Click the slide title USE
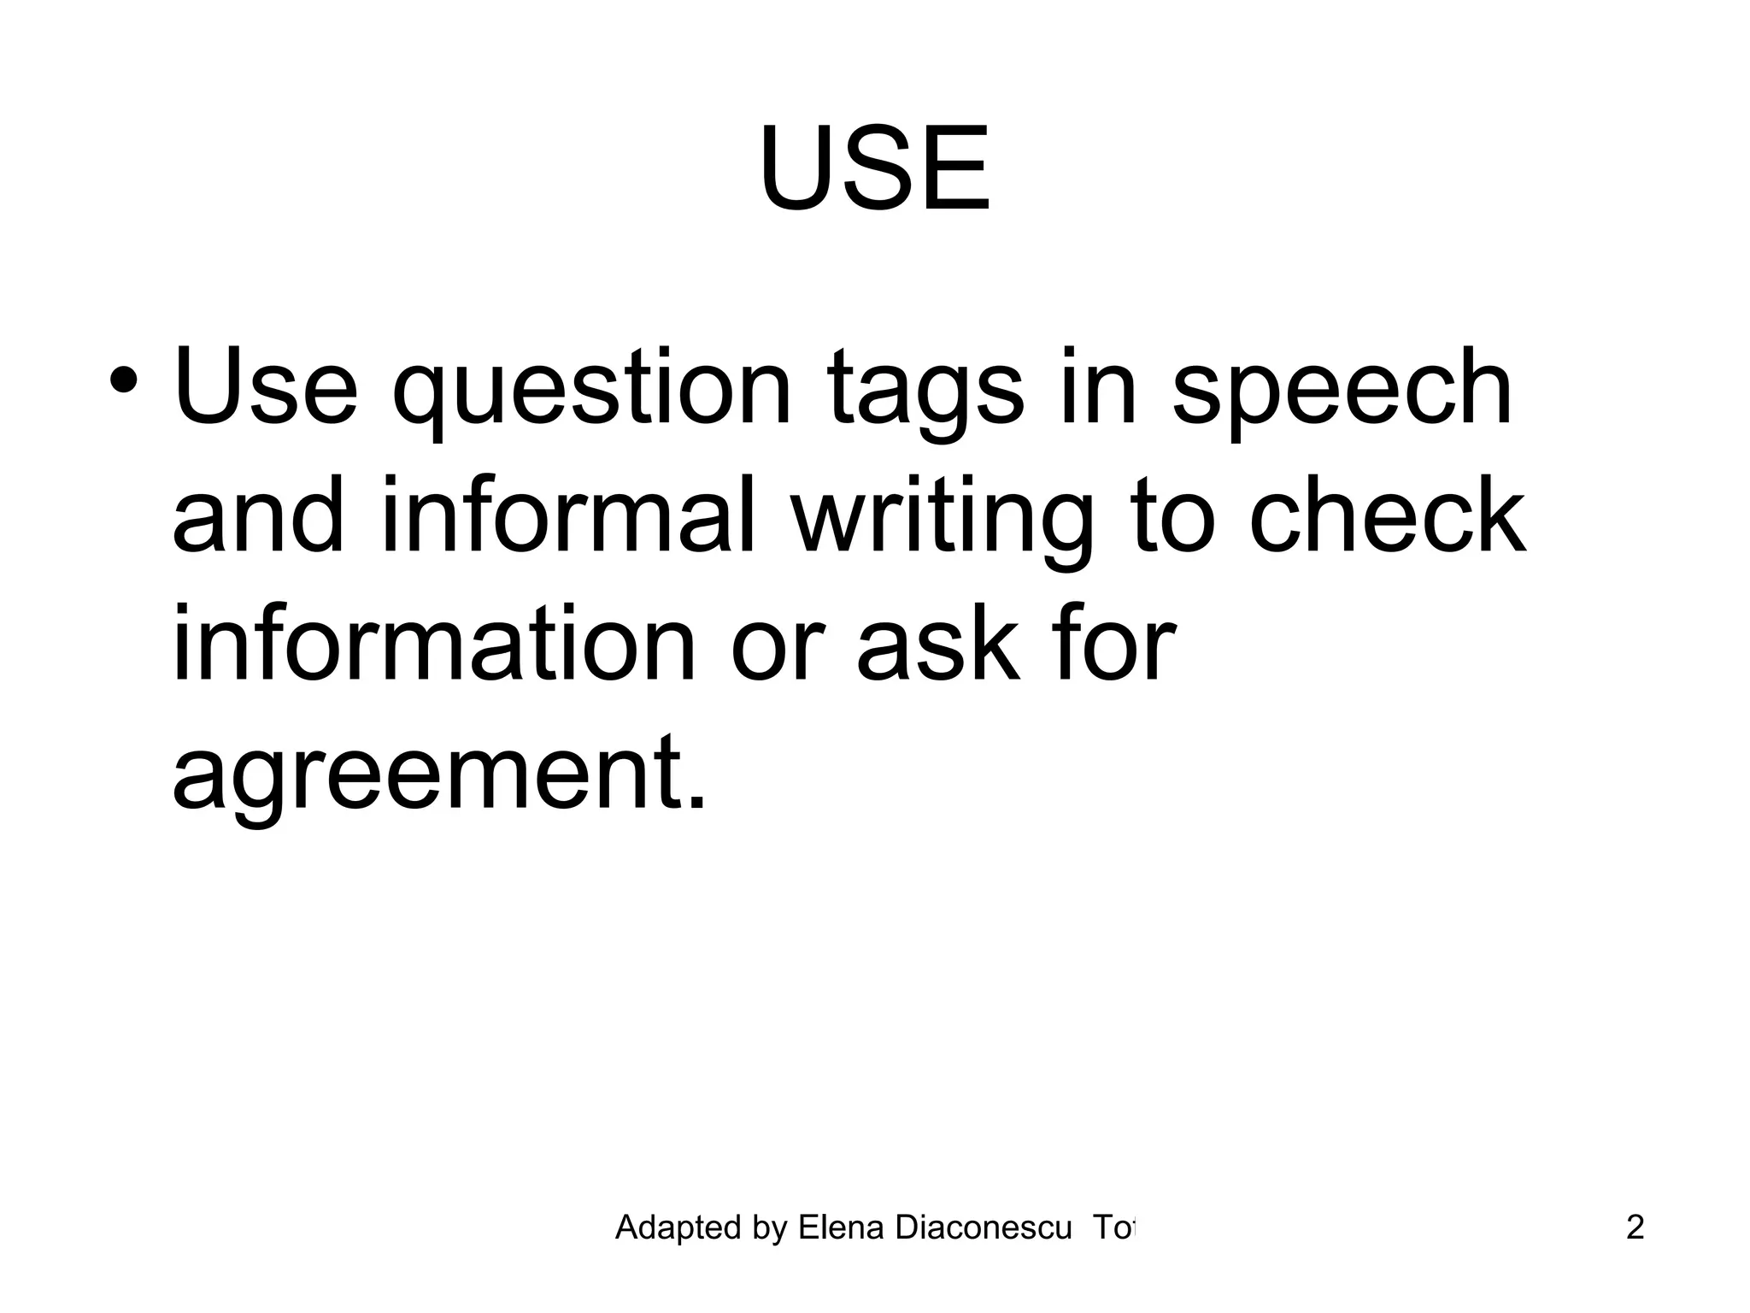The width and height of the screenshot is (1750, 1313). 874,169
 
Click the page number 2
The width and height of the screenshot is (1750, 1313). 1634,1228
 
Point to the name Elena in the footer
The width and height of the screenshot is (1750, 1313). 843,1228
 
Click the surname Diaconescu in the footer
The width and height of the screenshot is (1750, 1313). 983,1228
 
